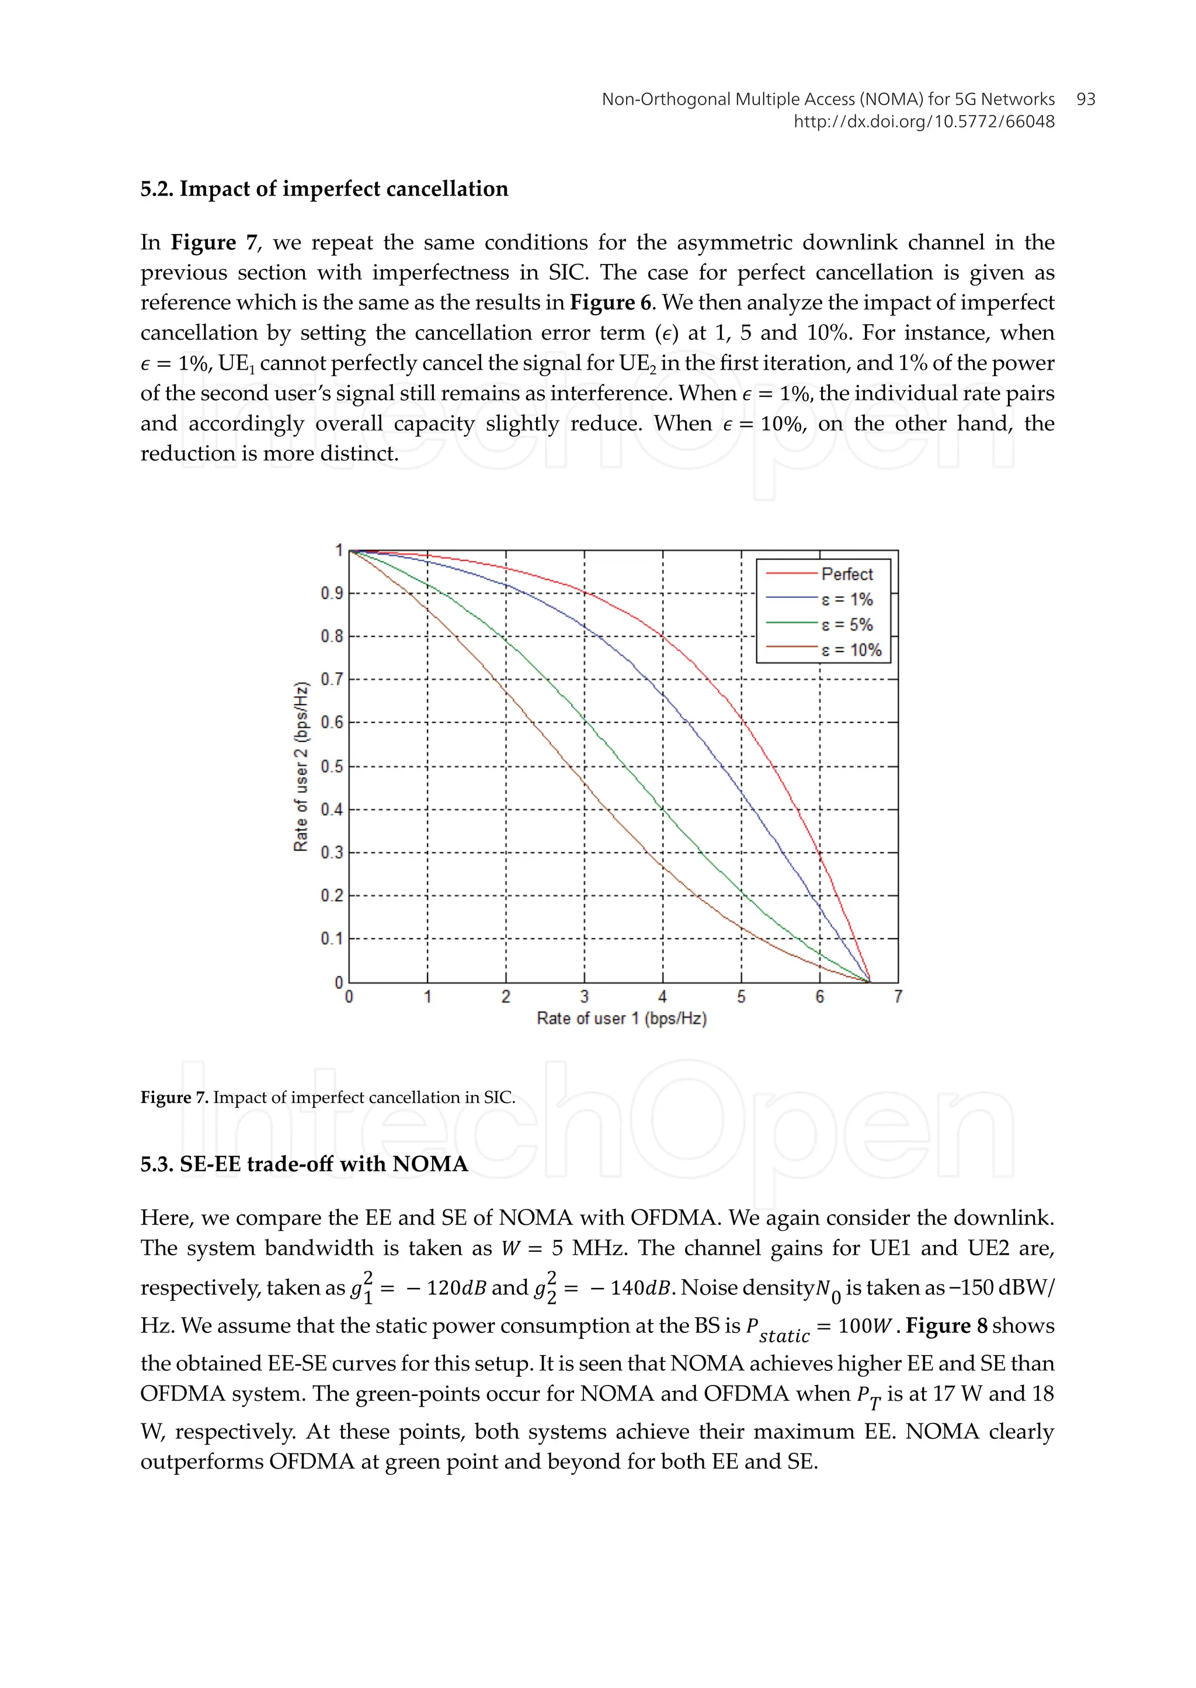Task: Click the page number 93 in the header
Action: [1086, 99]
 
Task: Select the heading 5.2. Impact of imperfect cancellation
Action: [324, 189]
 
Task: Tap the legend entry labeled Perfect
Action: [847, 574]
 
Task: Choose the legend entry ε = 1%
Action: [847, 599]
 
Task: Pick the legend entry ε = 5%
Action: [847, 625]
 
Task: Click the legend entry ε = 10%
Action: [851, 650]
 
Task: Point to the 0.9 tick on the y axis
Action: [332, 593]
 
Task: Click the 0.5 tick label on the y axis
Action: [332, 766]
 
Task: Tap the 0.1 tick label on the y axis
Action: [332, 939]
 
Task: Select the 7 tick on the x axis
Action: [898, 997]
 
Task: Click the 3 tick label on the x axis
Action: [584, 997]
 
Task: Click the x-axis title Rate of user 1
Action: [621, 1019]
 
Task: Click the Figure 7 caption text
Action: [328, 1098]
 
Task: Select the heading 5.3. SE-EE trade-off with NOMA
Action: [304, 1164]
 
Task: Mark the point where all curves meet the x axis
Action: [870, 982]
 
